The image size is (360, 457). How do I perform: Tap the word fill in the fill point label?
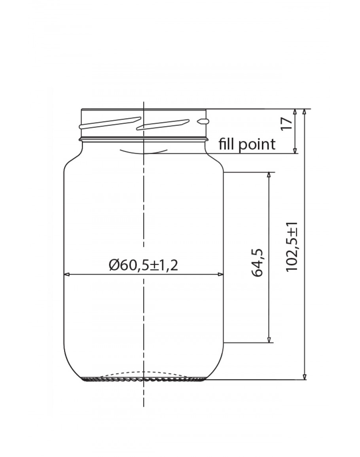click(227, 144)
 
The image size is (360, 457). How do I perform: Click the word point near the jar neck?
click(257, 145)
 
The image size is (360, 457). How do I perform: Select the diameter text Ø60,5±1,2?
click(144, 265)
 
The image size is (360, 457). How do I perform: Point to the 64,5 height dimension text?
click(258, 263)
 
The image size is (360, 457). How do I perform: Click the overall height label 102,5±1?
click(292, 247)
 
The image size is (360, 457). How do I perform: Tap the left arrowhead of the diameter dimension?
click(67, 274)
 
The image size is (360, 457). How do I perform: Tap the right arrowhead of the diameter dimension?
click(221, 274)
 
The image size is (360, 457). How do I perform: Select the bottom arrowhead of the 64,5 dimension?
click(269, 339)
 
